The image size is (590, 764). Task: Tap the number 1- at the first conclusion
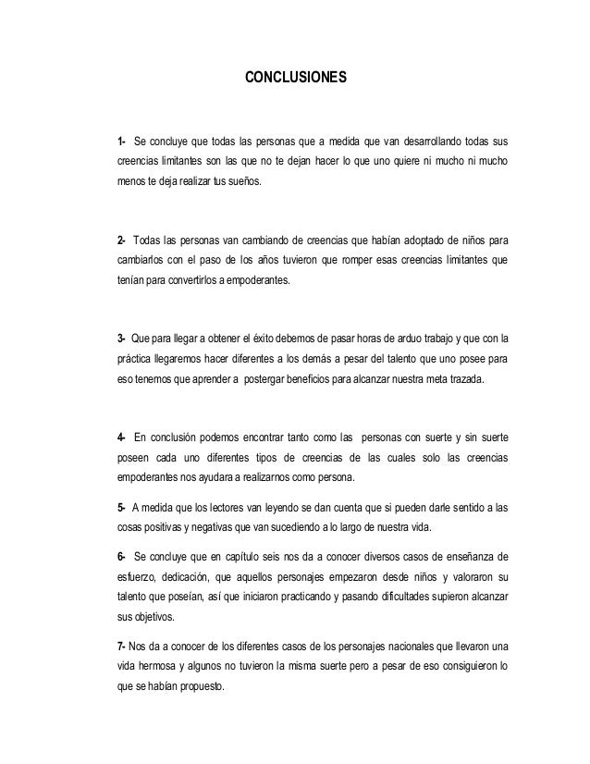(x=121, y=143)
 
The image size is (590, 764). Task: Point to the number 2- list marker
(x=121, y=229)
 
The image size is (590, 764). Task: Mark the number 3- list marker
(x=121, y=335)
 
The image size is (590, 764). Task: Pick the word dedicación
(x=183, y=578)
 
